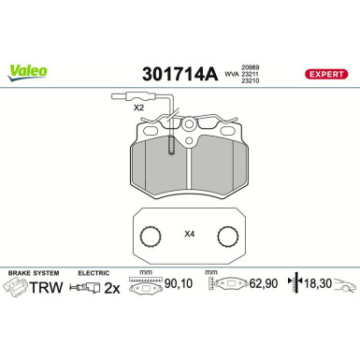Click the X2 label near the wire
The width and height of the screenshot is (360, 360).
(x=138, y=108)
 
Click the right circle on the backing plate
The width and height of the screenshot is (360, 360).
(x=225, y=237)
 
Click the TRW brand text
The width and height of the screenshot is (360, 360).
(x=54, y=289)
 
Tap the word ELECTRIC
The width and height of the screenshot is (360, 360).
(x=94, y=271)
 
